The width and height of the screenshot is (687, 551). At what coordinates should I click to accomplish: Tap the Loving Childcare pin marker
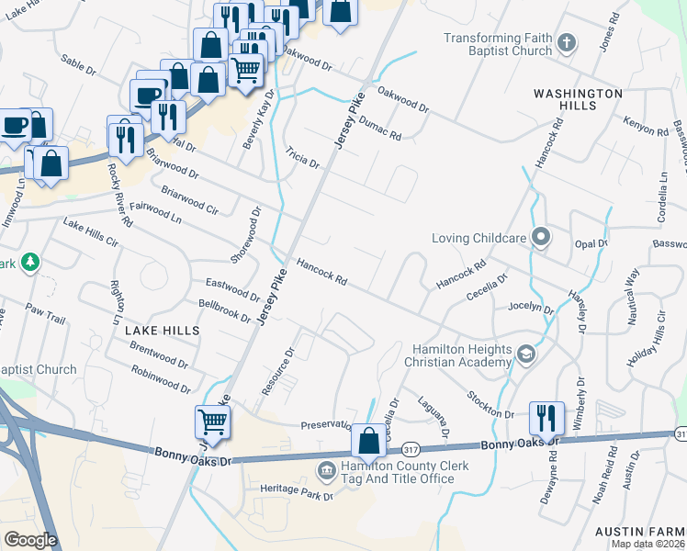point(541,238)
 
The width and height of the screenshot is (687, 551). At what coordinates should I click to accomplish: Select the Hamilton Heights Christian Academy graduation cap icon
point(525,354)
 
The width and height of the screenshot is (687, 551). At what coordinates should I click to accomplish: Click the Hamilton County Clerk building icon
point(325,472)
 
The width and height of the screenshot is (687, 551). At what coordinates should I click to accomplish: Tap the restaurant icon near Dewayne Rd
point(546,418)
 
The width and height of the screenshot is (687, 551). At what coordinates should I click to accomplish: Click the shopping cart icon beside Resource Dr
point(212,422)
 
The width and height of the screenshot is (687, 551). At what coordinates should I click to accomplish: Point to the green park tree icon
point(30,263)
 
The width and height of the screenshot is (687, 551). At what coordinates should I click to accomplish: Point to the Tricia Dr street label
point(302,157)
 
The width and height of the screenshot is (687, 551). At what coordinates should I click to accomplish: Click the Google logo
point(30,540)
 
